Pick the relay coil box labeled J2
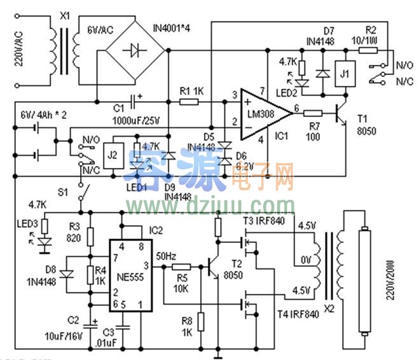[112, 156]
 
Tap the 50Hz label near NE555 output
[167, 256]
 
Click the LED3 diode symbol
[43, 242]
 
